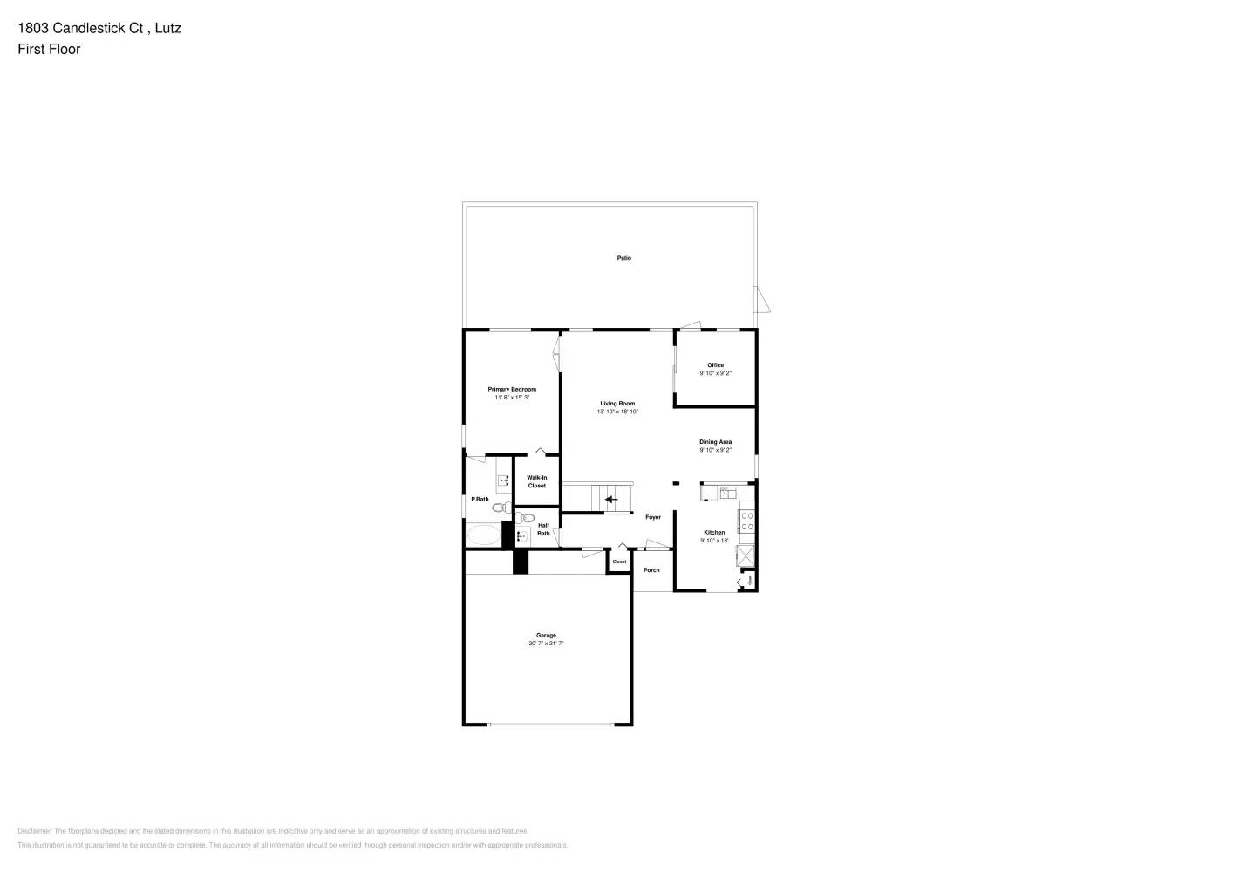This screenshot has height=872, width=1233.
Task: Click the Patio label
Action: point(623,258)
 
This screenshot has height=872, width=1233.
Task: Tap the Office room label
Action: point(715,365)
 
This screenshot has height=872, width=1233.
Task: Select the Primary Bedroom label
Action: point(512,389)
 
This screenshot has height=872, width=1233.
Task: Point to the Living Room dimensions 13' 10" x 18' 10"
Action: point(617,412)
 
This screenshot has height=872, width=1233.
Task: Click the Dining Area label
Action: point(715,442)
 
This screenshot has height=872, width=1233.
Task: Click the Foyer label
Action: point(653,517)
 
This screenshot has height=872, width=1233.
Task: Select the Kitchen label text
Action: point(714,532)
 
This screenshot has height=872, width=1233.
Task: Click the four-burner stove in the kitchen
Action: point(746,521)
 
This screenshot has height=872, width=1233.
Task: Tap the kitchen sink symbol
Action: point(727,493)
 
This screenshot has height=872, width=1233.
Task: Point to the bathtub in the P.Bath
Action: point(483,535)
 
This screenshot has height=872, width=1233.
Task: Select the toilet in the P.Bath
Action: point(500,507)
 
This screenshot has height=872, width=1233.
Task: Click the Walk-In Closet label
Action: point(536,481)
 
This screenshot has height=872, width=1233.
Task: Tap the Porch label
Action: point(651,570)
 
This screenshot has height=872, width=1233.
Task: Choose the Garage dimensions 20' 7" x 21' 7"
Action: point(546,644)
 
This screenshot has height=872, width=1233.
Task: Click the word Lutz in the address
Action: point(168,28)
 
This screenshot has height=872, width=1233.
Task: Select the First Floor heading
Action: point(49,49)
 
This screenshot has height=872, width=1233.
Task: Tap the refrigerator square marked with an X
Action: point(746,555)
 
